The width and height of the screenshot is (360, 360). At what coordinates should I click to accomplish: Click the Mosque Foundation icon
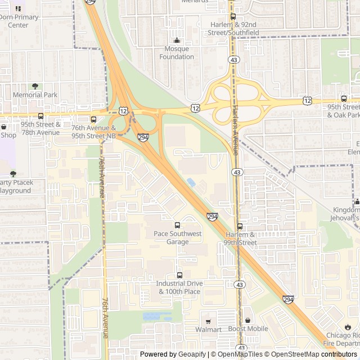tap(177, 40)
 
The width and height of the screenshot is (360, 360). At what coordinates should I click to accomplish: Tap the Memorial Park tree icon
tap(35, 86)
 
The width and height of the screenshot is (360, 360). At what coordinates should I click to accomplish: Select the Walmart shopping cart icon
tap(208, 320)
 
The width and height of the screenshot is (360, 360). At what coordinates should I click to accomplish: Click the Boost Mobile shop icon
tap(247, 320)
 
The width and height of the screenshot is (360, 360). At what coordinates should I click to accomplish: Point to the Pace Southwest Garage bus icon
tap(178, 225)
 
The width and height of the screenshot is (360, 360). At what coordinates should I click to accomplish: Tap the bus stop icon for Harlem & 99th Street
tap(240, 226)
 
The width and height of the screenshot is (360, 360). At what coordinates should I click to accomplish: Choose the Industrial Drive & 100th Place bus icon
tap(179, 275)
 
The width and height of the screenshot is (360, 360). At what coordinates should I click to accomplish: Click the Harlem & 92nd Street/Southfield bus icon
tap(233, 17)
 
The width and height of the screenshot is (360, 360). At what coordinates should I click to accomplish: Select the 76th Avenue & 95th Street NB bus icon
tap(94, 119)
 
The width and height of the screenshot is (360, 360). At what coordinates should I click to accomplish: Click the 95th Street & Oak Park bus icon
tap(344, 98)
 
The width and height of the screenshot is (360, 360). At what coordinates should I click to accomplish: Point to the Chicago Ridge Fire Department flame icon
tap(348, 327)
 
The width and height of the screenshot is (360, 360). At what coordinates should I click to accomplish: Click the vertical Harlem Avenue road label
tap(235, 123)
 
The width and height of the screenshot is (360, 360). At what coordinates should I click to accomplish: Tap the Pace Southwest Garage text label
tap(177, 237)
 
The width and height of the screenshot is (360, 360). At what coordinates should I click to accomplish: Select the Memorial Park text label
tap(35, 95)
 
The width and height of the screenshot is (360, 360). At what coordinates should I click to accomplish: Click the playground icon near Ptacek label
tap(13, 174)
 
